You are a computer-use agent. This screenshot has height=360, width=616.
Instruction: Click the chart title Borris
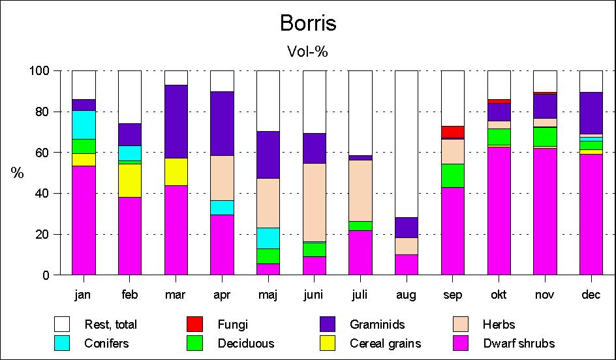308,23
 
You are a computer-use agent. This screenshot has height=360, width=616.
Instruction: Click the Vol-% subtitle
307,52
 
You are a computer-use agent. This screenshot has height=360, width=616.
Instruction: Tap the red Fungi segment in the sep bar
452,132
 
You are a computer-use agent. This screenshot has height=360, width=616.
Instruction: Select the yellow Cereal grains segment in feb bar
130,180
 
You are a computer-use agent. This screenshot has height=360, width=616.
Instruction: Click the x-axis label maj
268,295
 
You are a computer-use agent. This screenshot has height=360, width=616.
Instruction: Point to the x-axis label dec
591,295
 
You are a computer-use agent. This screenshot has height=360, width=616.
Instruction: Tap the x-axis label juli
360,295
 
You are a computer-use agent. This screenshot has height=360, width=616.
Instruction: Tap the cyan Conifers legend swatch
63,343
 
